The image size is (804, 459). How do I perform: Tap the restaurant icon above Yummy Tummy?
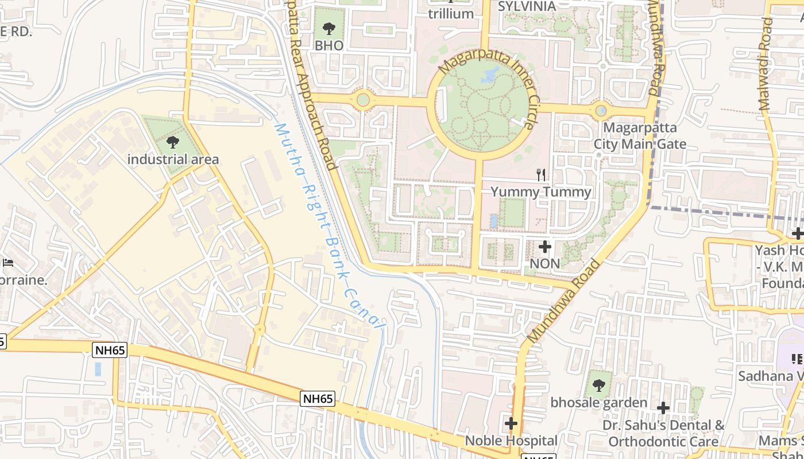(x=540, y=175)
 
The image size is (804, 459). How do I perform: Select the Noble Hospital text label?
(x=511, y=441)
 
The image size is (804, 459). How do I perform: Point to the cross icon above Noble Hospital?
(x=511, y=424)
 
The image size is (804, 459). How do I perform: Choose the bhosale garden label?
(x=599, y=402)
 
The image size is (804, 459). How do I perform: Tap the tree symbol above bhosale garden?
(x=598, y=385)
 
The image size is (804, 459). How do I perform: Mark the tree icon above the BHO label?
(x=329, y=28)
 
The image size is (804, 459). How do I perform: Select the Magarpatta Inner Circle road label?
(x=488, y=86)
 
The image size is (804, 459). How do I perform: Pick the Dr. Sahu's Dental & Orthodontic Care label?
(x=663, y=433)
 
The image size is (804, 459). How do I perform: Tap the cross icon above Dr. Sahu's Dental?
(x=663, y=408)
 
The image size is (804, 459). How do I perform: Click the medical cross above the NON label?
(x=545, y=247)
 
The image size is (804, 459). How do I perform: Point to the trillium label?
(x=451, y=14)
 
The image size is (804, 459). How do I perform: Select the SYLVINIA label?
(x=527, y=6)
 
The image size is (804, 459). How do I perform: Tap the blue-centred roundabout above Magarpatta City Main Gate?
(x=601, y=110)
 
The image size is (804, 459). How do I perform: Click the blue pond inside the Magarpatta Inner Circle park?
(x=492, y=74)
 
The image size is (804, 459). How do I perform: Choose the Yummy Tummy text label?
(x=541, y=192)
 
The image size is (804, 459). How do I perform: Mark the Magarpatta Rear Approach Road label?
(x=311, y=86)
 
